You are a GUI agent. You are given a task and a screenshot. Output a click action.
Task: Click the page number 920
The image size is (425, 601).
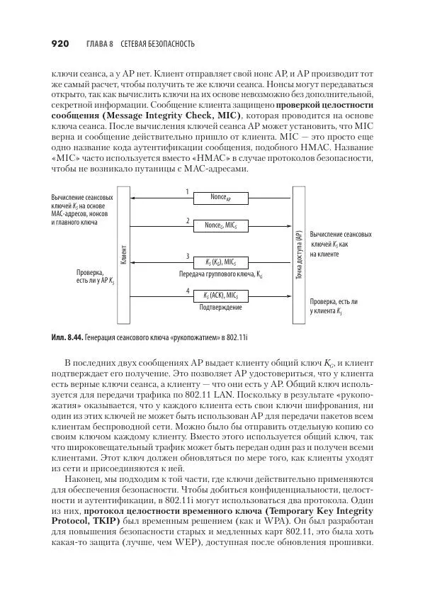click(x=59, y=44)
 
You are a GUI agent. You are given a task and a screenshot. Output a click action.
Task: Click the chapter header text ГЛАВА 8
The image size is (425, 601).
click(x=100, y=44)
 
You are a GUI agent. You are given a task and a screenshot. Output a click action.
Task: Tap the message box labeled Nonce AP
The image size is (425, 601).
click(x=221, y=197)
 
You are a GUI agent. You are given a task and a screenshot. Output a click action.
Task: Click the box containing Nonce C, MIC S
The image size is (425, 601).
click(x=221, y=226)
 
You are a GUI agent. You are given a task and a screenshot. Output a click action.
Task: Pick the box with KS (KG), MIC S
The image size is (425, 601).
click(x=221, y=262)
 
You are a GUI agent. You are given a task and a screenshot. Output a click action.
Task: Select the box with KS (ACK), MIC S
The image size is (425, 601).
click(x=221, y=295)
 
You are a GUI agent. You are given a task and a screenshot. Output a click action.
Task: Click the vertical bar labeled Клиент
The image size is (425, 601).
click(x=123, y=249)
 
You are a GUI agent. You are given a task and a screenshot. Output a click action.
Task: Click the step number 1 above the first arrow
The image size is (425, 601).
click(x=187, y=191)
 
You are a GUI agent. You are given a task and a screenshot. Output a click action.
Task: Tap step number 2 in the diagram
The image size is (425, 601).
click(x=187, y=220)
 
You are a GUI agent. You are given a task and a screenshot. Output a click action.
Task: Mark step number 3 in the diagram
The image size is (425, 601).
click(x=187, y=256)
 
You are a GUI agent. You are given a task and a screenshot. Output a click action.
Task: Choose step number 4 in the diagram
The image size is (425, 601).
click(x=187, y=290)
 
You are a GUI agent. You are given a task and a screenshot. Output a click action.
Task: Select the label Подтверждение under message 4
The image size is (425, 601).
click(x=220, y=307)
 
